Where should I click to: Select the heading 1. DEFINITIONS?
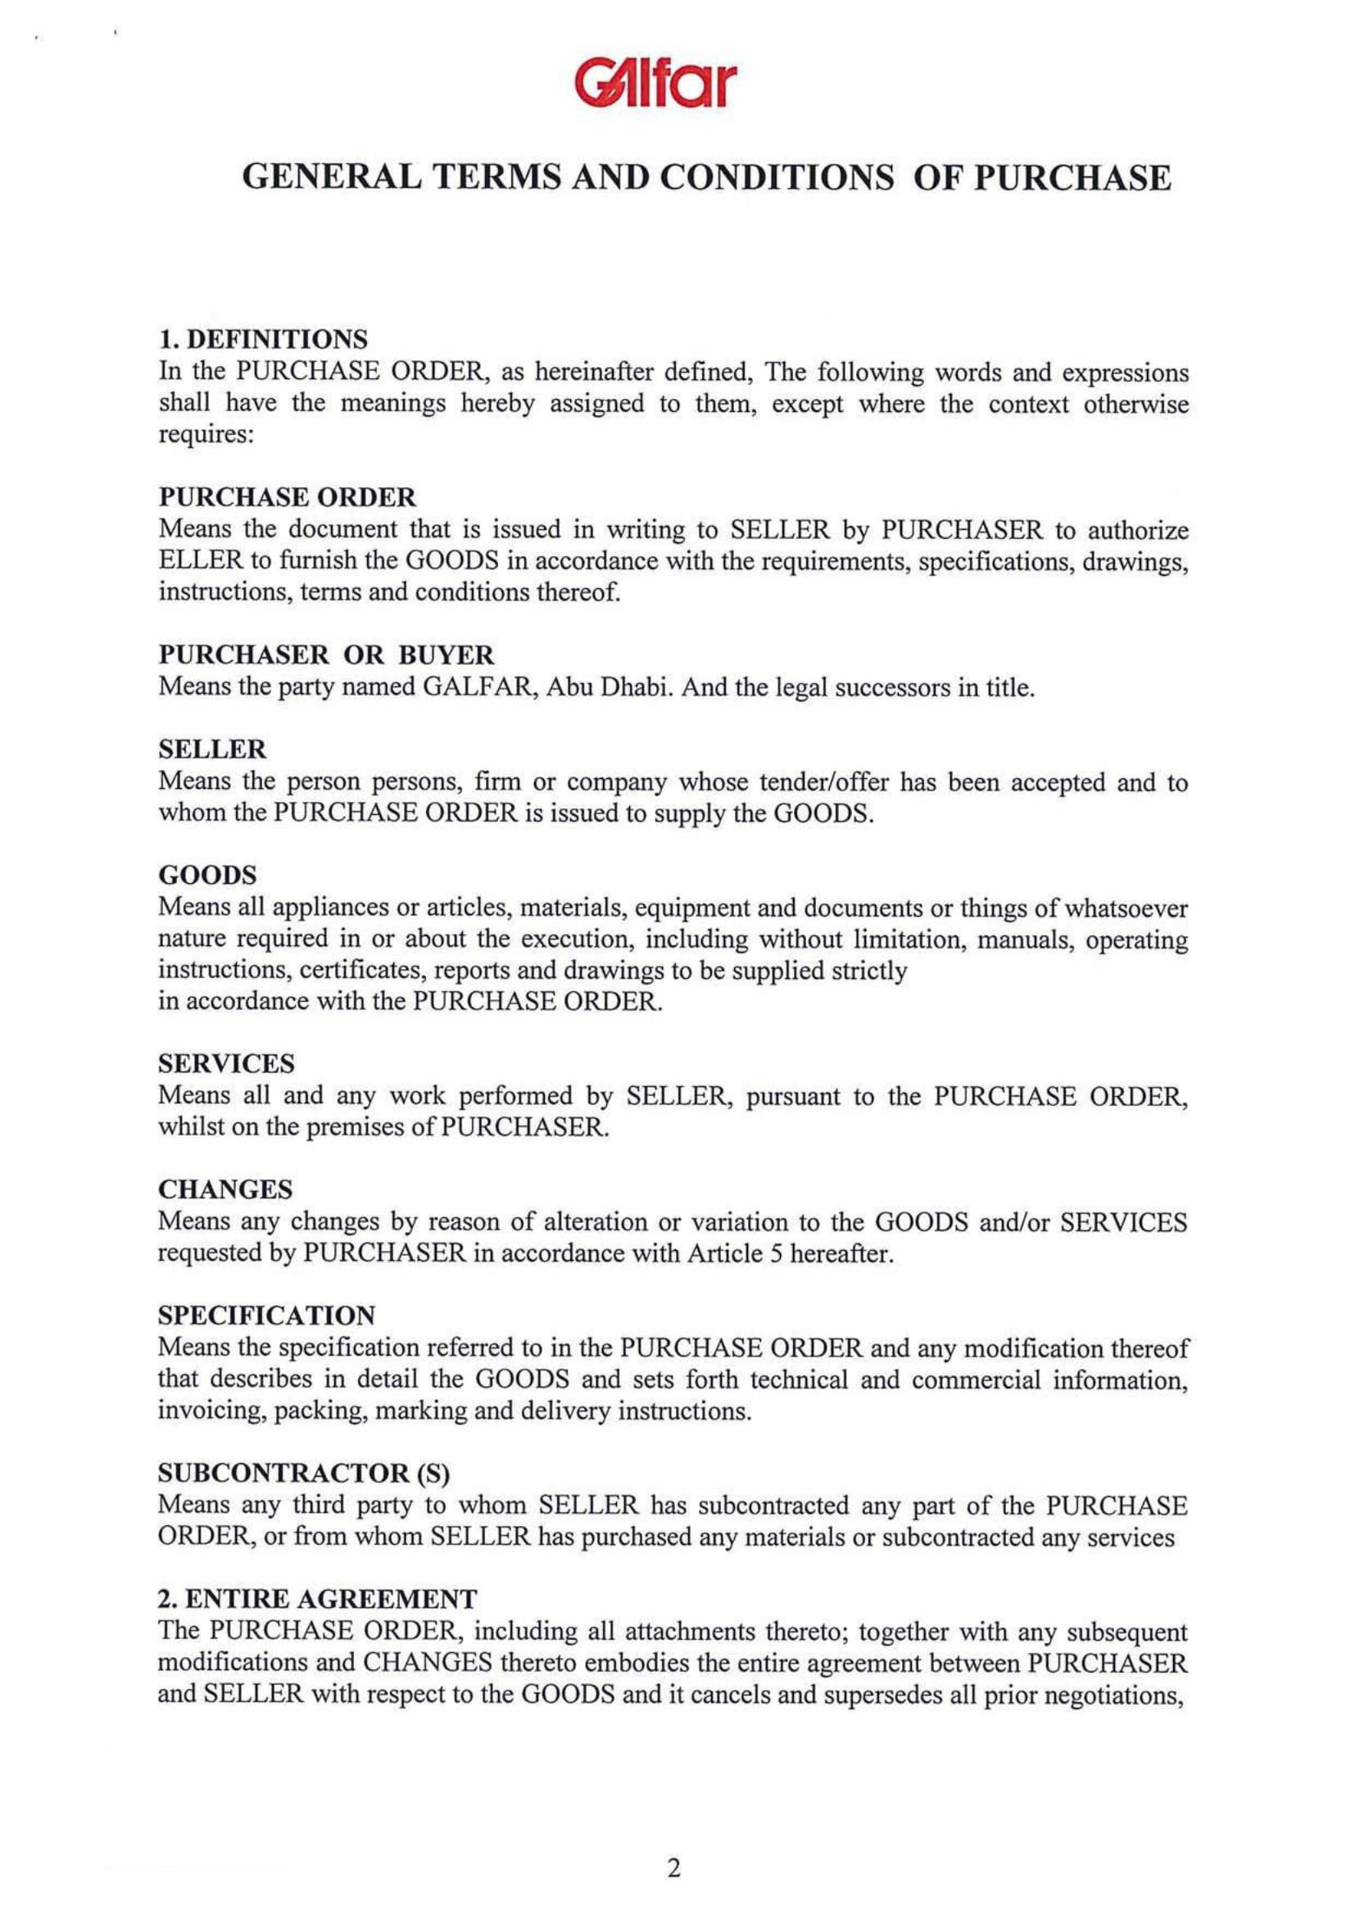click(x=263, y=340)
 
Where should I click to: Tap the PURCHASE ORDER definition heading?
click(x=287, y=497)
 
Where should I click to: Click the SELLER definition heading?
click(x=212, y=750)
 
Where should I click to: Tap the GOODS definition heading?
click(x=207, y=876)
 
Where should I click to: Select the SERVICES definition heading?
click(x=226, y=1064)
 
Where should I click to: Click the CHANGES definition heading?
click(x=225, y=1189)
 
